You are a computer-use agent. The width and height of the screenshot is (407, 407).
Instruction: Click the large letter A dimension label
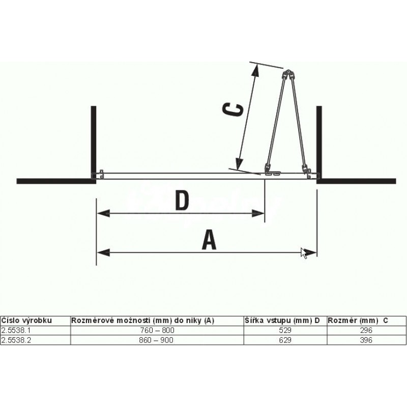click(209, 240)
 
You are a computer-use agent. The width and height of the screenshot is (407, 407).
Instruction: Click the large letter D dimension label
click(182, 200)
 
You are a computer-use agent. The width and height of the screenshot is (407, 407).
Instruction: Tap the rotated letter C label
click(233, 109)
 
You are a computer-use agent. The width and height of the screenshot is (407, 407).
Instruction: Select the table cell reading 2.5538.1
click(16, 330)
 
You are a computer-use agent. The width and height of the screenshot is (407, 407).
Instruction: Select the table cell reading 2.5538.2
click(16, 340)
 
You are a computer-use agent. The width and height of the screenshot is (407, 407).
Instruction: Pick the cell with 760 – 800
click(157, 330)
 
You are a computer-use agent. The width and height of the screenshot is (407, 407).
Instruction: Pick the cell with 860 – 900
click(156, 340)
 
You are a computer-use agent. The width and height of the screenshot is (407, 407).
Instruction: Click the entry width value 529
click(285, 330)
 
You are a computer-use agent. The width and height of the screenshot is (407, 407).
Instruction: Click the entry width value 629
click(285, 340)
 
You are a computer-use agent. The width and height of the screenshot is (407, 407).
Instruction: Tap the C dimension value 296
click(366, 330)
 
